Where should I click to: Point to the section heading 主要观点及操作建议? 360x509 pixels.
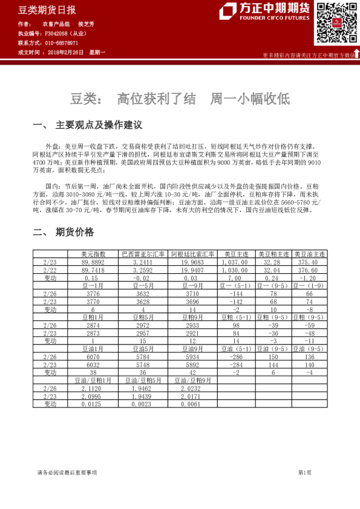pos(99,125)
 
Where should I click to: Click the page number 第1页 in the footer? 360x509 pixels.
pos(306,472)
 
